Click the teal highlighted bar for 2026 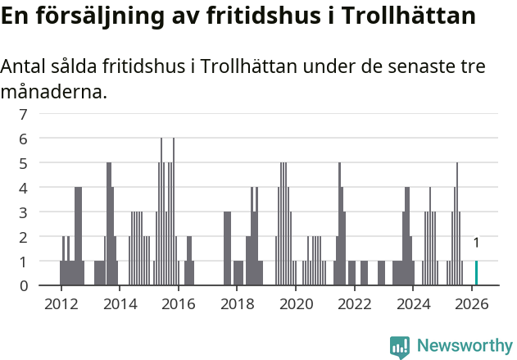(476, 273)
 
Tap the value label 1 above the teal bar (476, 243)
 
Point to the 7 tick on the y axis (24, 114)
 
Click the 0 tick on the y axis (24, 285)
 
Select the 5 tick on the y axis (24, 163)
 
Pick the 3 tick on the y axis (24, 212)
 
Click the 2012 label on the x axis (61, 303)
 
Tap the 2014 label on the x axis (120, 303)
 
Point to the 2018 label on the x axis (237, 303)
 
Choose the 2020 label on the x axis (296, 303)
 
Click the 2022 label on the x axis (355, 303)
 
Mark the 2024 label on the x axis (414, 303)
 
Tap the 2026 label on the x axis (472, 303)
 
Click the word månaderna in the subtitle (54, 92)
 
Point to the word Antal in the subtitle (24, 66)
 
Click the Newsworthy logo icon (400, 347)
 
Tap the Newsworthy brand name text (465, 346)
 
